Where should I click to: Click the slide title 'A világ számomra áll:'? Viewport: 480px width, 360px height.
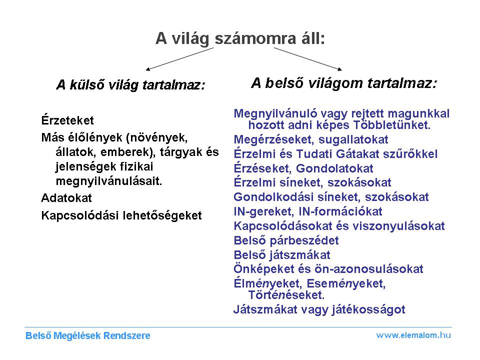240,39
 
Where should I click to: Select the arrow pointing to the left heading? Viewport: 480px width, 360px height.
179,59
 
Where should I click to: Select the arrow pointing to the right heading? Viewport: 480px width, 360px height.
307,59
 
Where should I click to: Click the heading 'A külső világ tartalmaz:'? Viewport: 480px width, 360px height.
130,85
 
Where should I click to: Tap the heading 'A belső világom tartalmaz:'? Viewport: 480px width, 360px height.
344,83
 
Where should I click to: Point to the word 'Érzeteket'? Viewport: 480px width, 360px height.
67,120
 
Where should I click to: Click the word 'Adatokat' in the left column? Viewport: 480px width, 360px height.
66,198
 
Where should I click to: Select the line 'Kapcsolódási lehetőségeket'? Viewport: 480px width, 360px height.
121,215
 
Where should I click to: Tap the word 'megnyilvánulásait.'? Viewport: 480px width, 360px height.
108,181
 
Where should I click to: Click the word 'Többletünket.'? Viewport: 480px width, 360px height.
392,125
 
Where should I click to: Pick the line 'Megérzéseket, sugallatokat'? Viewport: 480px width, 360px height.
311,139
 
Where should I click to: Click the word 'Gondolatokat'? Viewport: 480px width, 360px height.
334,168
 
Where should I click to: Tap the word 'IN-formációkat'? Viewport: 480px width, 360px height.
340,211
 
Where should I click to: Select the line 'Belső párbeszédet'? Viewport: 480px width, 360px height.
286,240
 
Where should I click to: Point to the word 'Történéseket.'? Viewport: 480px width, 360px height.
286,295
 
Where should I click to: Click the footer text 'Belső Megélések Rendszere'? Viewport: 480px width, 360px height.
88,336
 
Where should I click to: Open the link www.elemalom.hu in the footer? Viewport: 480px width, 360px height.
413,335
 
